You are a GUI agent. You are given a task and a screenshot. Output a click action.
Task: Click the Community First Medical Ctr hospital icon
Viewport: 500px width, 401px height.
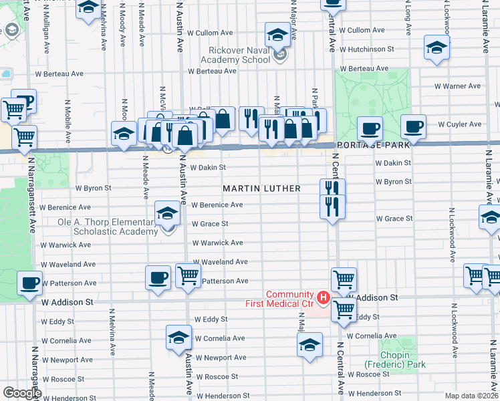324,297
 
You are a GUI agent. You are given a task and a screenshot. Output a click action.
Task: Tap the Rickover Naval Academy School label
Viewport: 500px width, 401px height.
228,53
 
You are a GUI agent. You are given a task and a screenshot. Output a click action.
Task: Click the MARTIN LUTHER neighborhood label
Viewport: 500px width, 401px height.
261,188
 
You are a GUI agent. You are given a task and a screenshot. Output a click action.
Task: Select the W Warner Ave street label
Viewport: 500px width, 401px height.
457,86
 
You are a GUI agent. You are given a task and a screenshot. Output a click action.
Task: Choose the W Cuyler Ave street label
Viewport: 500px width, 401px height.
459,124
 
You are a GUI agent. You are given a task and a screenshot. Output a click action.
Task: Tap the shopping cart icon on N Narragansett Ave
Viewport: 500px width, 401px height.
24,137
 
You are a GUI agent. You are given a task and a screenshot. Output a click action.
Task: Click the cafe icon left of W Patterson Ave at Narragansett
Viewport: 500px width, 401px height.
30,282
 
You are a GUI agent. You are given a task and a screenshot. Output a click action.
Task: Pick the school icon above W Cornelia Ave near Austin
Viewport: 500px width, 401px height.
178,337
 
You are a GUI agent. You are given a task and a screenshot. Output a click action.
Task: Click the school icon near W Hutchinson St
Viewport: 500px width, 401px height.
436,47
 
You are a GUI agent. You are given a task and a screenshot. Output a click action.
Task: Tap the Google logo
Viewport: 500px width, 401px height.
22,392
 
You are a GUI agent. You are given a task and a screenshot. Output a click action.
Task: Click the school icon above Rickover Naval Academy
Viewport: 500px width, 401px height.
277,33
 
